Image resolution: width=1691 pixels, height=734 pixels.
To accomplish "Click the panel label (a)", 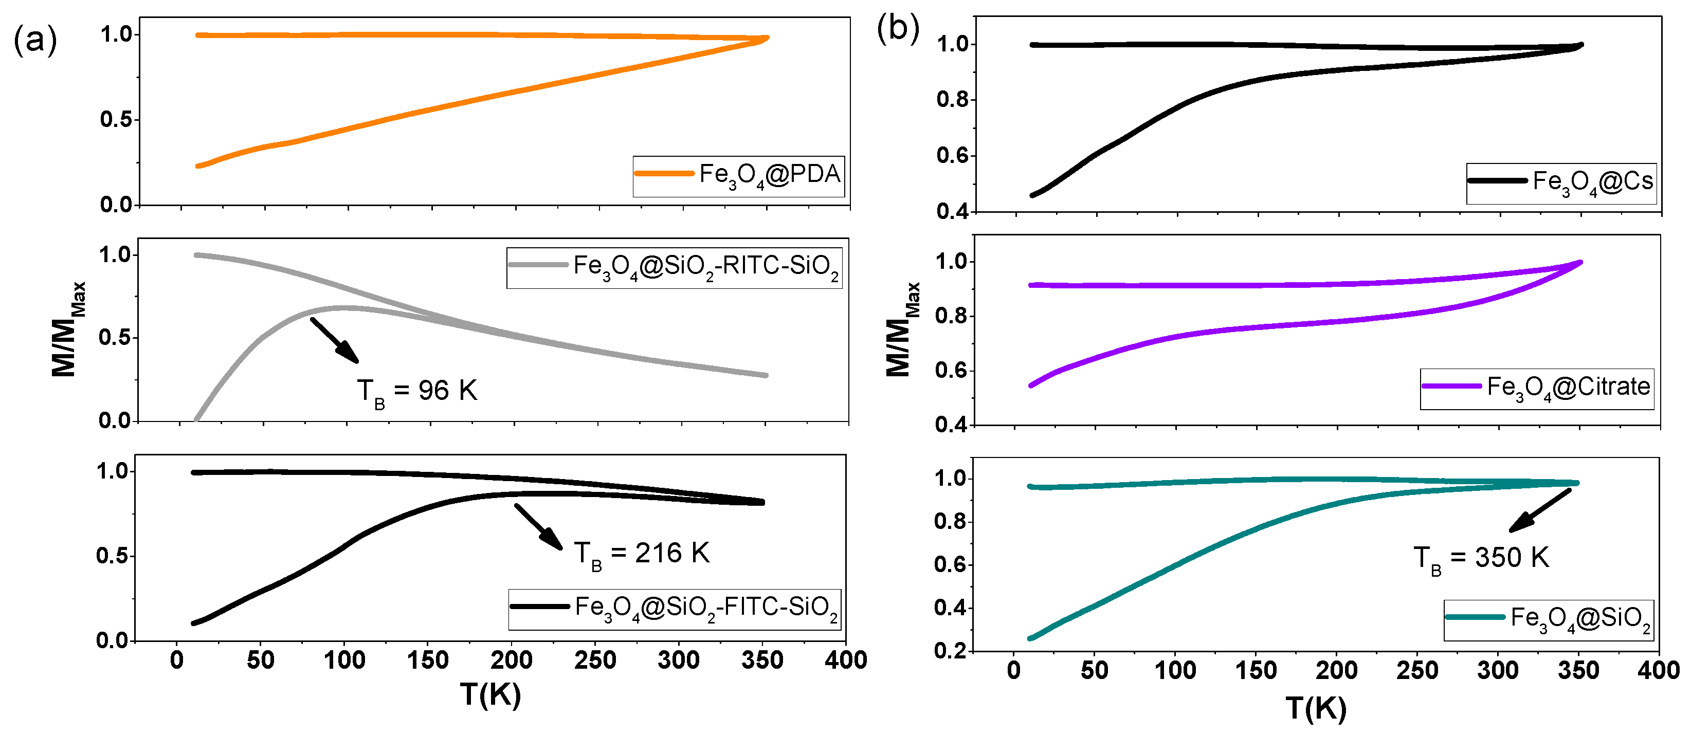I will pyautogui.click(x=35, y=40).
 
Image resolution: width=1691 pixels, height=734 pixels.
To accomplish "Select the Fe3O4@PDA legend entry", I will pyautogui.click(x=738, y=175).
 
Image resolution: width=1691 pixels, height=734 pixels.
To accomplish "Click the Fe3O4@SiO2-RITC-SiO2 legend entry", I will pyautogui.click(x=674, y=267).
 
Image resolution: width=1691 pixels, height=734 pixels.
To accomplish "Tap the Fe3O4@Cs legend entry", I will pyautogui.click(x=1561, y=182).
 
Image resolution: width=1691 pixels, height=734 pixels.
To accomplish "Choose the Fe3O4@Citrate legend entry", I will pyautogui.click(x=1537, y=388).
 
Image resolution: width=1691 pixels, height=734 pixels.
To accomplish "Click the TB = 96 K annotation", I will pyautogui.click(x=417, y=392).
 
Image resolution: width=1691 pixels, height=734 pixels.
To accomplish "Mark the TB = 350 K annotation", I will pyautogui.click(x=1480, y=559).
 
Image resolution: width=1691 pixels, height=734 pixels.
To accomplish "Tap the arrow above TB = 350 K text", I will pyautogui.click(x=1539, y=511).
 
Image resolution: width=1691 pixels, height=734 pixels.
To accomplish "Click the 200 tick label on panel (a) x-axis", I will pyautogui.click(x=512, y=660).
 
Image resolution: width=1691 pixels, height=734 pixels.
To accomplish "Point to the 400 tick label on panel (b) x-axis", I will pyautogui.click(x=1658, y=670).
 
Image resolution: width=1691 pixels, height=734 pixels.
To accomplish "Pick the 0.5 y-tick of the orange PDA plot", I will pyautogui.click(x=116, y=119).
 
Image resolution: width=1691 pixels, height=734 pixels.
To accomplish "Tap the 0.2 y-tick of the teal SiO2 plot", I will pyautogui.click(x=950, y=651).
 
